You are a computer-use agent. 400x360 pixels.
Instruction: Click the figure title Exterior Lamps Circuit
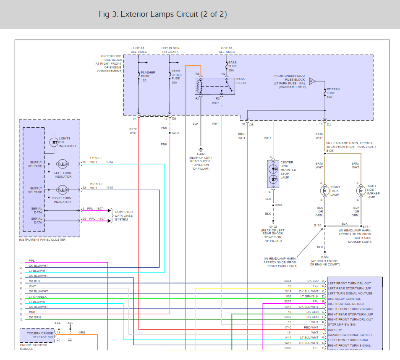pyautogui.click(x=163, y=14)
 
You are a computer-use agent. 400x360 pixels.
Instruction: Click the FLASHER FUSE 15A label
pyautogui.click(x=148, y=76)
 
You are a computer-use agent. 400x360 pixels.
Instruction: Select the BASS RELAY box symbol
pyautogui.click(x=214, y=86)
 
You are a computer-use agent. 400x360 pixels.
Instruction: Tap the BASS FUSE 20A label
pyautogui.click(x=232, y=66)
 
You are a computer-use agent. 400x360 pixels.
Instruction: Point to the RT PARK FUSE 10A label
pyautogui.click(x=333, y=93)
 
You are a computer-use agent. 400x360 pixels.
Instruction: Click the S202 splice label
pyautogui.click(x=175, y=133)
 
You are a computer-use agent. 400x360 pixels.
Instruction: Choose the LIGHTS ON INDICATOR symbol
pyautogui.click(x=54, y=142)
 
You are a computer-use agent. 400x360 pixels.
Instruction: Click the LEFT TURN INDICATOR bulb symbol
pyautogui.click(x=63, y=163)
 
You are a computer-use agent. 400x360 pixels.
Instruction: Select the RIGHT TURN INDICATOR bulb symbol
pyautogui.click(x=63, y=190)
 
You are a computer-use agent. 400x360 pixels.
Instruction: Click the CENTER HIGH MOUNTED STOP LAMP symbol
pyautogui.click(x=273, y=173)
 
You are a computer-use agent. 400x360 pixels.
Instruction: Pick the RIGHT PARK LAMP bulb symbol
pyautogui.click(x=324, y=190)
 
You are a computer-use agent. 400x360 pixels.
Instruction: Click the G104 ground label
pyautogui.click(x=324, y=257)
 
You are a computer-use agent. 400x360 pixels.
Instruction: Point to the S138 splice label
pyautogui.click(x=330, y=150)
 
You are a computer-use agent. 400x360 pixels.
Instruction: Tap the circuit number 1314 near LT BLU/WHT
pyautogui.click(x=109, y=162)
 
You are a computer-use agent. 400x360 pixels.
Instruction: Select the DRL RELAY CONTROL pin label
pyautogui.click(x=344, y=299)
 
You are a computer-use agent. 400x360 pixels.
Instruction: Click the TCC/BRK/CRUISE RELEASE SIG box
pyautogui.click(x=37, y=335)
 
